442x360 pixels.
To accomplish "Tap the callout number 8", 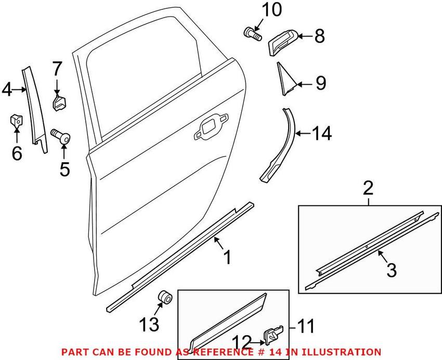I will tap(319, 36).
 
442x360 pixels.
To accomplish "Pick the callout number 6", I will tap(17, 153).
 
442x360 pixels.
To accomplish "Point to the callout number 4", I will tap(7, 89).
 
